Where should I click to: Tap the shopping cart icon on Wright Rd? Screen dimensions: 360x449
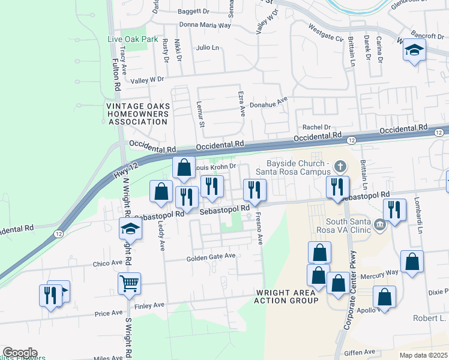point(130,283)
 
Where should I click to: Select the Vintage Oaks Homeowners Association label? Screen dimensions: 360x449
point(136,114)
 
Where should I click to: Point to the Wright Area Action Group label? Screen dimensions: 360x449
point(286,296)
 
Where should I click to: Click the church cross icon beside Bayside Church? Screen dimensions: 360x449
point(340,165)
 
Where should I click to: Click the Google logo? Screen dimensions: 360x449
point(20,353)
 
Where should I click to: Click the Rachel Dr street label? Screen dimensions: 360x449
point(317,127)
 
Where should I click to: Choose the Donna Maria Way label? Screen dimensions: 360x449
point(205,26)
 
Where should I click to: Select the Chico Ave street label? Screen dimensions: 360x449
point(107,263)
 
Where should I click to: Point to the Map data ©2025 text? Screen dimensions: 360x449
point(423,355)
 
